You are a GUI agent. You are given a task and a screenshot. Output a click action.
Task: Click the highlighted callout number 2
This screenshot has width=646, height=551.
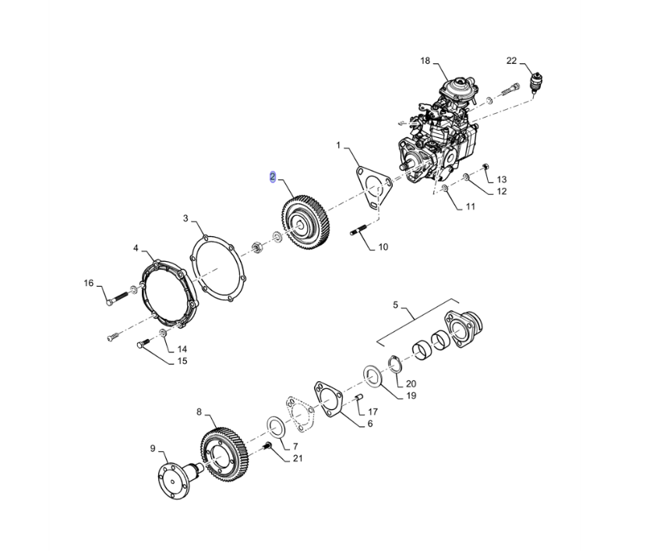[x=272, y=177]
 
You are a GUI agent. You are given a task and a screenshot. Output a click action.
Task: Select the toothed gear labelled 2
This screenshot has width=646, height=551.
[x=307, y=226]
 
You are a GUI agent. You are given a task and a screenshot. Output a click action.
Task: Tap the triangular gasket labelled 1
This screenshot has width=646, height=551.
[x=373, y=186]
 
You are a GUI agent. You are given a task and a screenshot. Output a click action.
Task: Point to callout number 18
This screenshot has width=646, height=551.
[x=425, y=61]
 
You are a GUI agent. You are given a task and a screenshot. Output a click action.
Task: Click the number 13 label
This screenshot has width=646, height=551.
[x=501, y=179]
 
